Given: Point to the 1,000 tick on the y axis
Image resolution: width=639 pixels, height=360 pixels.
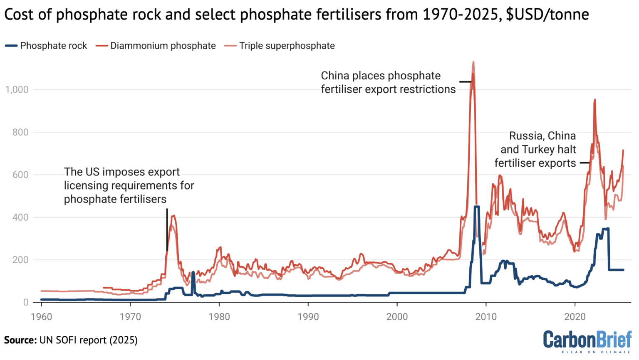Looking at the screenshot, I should click(x=17, y=90).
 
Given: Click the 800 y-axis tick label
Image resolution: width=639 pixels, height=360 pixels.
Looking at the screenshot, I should click(x=20, y=133).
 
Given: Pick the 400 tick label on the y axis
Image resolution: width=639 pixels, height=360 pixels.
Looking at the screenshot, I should click(x=20, y=217).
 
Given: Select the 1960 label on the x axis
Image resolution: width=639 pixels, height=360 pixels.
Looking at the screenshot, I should click(x=41, y=317).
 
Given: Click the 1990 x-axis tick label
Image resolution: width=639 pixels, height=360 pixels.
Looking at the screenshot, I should click(x=308, y=317).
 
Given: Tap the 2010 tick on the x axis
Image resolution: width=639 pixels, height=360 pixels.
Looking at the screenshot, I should click(x=486, y=317).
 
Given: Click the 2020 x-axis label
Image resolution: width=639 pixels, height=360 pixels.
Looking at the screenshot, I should click(x=575, y=317).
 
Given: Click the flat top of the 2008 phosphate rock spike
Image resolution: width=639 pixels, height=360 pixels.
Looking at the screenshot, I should click(x=477, y=207).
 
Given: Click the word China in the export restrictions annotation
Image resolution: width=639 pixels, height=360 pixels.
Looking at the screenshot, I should click(x=335, y=76).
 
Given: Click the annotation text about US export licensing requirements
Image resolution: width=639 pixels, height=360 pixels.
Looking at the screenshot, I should click(x=129, y=185).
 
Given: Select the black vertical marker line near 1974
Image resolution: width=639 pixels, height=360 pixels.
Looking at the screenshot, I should click(x=167, y=229).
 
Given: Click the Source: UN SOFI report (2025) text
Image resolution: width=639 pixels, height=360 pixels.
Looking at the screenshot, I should click(x=71, y=340).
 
